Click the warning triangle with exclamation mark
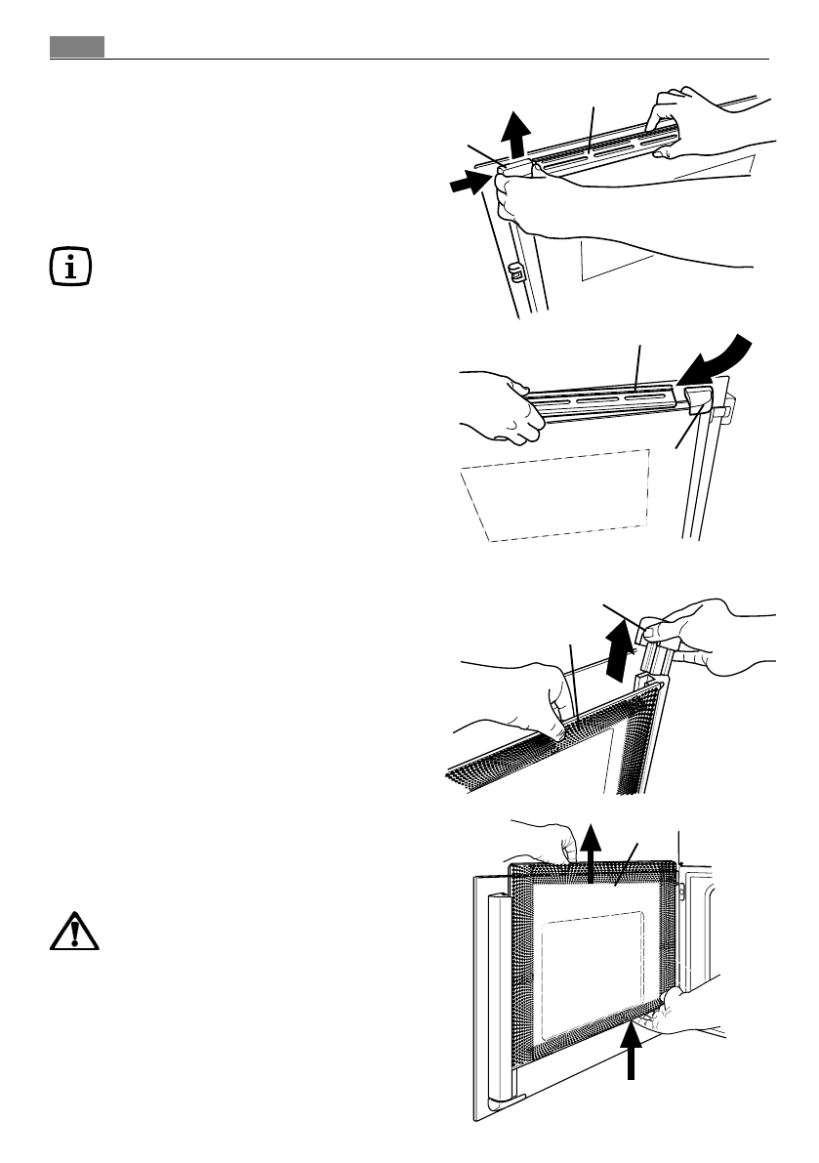69,935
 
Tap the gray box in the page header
77,47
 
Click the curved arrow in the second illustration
721,368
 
